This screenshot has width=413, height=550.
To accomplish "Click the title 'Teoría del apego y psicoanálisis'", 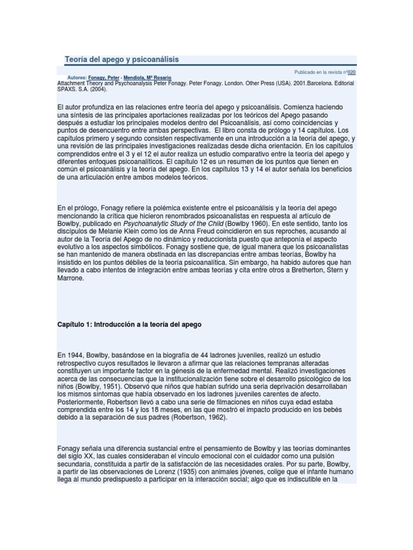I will coord(122,59).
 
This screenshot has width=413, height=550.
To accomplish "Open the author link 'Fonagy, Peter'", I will coord(104,78).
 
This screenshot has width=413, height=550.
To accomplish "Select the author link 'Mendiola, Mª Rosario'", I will coord(147,78).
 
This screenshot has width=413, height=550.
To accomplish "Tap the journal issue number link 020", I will coord(352,72).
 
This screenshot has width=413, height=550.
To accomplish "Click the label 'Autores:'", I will coord(77,78).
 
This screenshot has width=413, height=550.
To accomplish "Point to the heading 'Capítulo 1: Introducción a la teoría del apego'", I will coord(129,324).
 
